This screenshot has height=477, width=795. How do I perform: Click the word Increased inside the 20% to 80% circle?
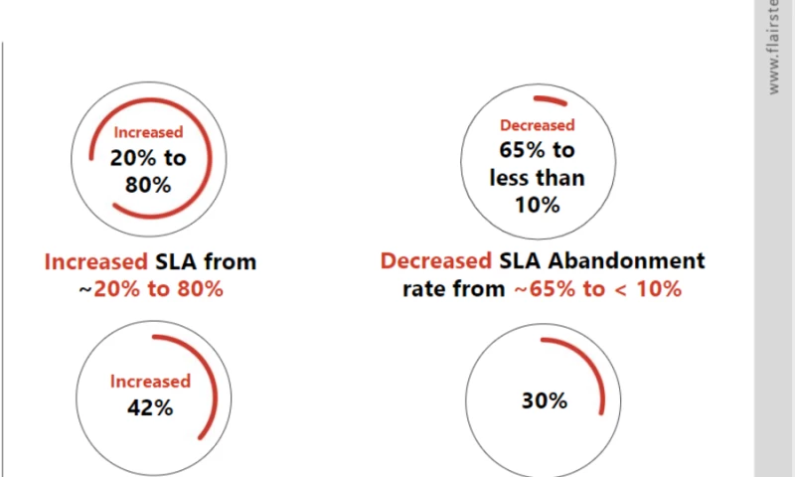(148, 132)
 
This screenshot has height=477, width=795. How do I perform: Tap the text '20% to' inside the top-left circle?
(148, 158)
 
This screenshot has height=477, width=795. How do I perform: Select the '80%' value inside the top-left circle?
(148, 184)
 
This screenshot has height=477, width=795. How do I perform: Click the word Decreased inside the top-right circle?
(538, 126)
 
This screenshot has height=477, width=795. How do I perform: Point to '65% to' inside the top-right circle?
(538, 152)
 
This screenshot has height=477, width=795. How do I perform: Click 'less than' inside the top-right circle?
(538, 179)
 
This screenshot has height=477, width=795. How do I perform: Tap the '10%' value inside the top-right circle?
(538, 205)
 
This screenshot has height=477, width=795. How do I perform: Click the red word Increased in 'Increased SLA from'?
(95, 262)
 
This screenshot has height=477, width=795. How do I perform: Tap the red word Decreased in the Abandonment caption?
(435, 261)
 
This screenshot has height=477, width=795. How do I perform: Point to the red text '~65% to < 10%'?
(596, 289)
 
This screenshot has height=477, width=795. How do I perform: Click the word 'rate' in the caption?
(425, 289)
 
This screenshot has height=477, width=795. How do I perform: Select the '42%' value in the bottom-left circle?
(150, 407)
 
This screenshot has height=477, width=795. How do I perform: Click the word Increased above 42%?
(150, 382)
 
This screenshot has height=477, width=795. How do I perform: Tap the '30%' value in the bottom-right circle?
(545, 401)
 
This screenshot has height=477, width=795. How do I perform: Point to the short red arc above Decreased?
(549, 100)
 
